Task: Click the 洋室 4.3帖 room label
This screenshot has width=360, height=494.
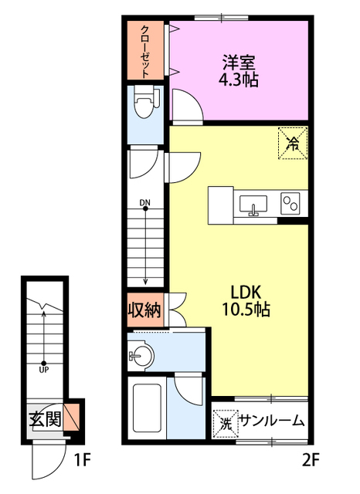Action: pyautogui.click(x=239, y=71)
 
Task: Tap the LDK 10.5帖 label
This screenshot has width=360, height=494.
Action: pyautogui.click(x=246, y=301)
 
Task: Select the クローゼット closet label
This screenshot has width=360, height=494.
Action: pyautogui.click(x=144, y=52)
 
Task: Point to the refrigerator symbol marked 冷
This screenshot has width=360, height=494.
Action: pyautogui.click(x=293, y=144)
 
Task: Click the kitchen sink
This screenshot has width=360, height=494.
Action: pyautogui.click(x=253, y=205)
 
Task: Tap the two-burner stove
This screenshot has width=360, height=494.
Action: pyautogui.click(x=290, y=204)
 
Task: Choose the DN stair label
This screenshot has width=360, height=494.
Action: pyautogui.click(x=145, y=202)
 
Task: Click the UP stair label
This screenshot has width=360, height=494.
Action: pyautogui.click(x=44, y=370)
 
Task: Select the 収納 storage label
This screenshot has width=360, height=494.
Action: pyautogui.click(x=144, y=310)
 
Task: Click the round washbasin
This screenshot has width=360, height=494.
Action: pyautogui.click(x=142, y=356)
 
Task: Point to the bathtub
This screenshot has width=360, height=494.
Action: pyautogui.click(x=147, y=408)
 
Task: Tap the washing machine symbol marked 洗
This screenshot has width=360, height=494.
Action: pyautogui.click(x=226, y=424)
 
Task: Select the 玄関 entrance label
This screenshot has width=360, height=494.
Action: pyautogui.click(x=46, y=419)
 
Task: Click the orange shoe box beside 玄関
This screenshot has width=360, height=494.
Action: pyautogui.click(x=71, y=417)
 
